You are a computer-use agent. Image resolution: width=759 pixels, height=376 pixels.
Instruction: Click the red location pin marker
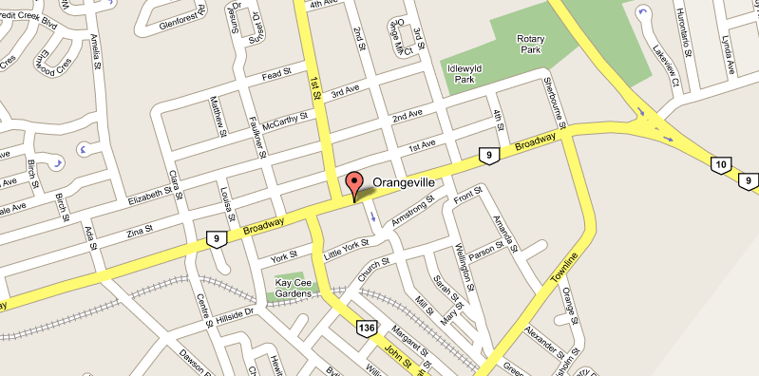354,183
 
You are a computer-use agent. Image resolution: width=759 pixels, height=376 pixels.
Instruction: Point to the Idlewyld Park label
458,73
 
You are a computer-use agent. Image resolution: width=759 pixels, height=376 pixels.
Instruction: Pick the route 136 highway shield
366,328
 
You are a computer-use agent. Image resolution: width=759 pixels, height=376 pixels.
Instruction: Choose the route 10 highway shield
719,166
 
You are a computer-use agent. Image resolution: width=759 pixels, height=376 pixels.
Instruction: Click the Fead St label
275,74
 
